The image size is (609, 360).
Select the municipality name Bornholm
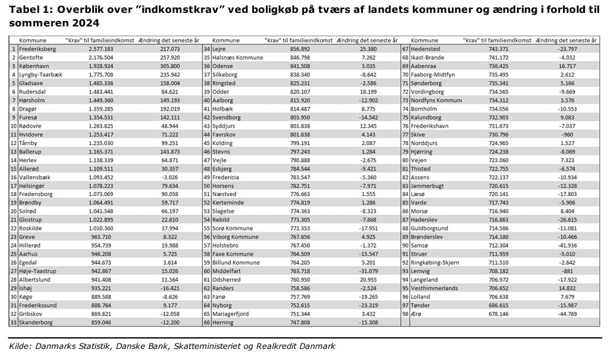(x=429, y=108)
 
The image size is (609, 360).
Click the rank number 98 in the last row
(x=405, y=313)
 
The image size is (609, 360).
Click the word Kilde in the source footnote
(x=19, y=346)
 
